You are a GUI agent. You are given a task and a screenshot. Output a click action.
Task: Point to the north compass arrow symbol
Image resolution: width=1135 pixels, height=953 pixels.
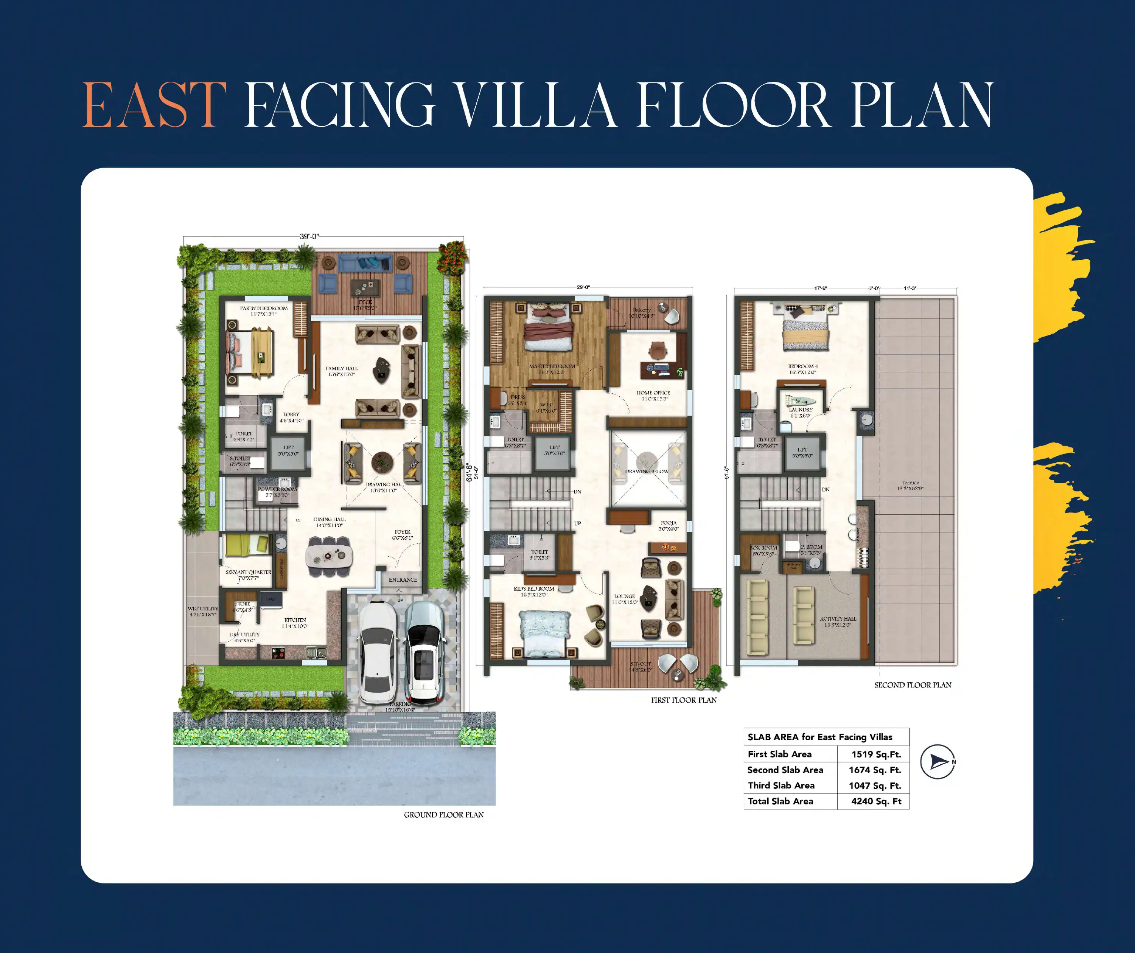coord(938,762)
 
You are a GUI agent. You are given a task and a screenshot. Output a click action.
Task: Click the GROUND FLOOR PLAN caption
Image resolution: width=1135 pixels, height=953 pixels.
coord(443,815)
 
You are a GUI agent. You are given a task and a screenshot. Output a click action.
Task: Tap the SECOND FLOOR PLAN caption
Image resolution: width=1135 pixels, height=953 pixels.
coord(912,685)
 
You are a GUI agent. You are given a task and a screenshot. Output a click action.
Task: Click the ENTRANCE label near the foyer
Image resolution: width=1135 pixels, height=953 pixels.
coord(403,580)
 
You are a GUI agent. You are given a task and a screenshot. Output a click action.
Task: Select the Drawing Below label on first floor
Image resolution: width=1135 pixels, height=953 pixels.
coord(647,471)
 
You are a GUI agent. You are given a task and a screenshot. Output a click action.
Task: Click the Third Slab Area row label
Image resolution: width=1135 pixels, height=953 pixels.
coord(781,785)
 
